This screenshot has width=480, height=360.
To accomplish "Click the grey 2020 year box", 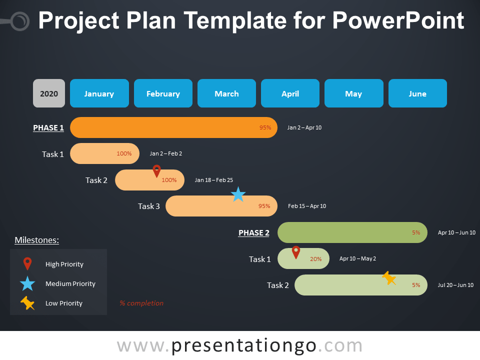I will click(49, 93).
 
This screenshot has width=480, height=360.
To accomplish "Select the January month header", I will click(99, 93).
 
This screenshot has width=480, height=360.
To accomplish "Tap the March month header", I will click(226, 93).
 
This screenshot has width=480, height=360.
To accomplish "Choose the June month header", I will click(417, 93).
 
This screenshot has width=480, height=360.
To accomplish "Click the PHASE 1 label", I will click(48, 128).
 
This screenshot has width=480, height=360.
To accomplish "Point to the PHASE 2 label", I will click(254, 233).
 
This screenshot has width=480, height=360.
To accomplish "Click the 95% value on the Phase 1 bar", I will click(265, 127).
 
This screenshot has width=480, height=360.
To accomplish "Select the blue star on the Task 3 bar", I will click(238, 194).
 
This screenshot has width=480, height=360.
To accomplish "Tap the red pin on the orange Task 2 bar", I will click(156, 171).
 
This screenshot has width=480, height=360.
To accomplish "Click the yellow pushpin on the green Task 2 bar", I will click(389, 278).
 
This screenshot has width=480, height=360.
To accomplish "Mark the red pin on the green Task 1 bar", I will click(296, 252).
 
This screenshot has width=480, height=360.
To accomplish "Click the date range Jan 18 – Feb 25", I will click(214, 180).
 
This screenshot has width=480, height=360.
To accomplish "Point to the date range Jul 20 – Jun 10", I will click(455, 285).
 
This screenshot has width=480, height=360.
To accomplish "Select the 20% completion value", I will click(315, 259).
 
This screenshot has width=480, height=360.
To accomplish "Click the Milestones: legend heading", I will click(37, 240).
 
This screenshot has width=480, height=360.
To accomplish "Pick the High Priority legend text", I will click(64, 264).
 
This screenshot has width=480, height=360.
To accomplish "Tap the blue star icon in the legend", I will click(27, 283).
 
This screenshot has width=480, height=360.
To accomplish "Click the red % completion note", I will click(141, 303).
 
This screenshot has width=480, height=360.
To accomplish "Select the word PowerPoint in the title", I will click(398, 21).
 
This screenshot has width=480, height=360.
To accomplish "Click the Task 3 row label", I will click(149, 206).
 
